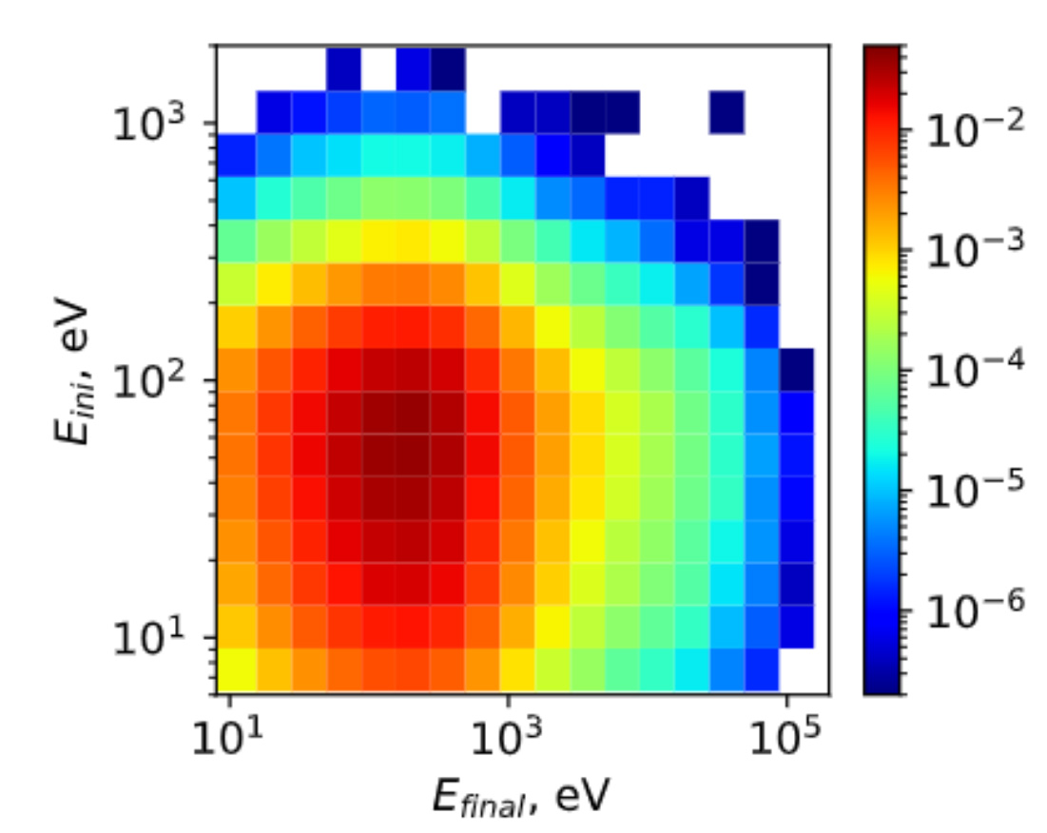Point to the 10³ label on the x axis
[x=507, y=742]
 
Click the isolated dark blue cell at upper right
[x=727, y=112]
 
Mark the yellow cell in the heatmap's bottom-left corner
[x=233, y=668]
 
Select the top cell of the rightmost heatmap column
[x=797, y=369]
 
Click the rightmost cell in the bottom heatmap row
[x=762, y=668]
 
